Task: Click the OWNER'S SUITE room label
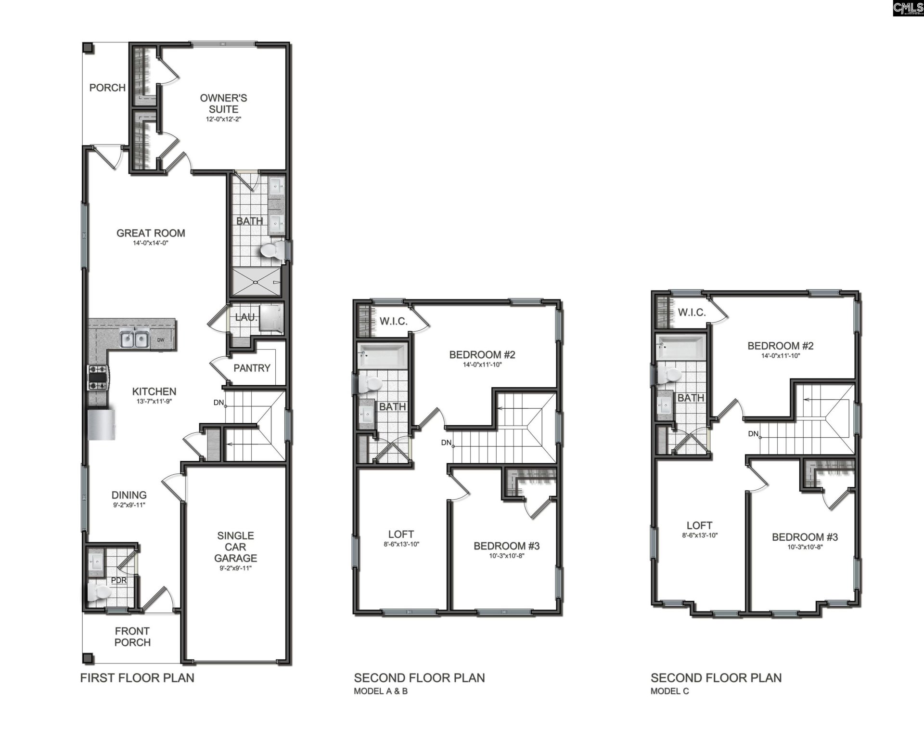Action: (223, 104)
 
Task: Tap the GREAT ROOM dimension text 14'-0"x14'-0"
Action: (151, 243)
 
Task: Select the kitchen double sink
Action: (134, 339)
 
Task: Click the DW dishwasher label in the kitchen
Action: (161, 340)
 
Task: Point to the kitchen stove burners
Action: (97, 378)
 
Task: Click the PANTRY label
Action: (252, 368)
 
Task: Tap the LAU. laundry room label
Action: (246, 318)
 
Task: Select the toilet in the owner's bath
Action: (273, 250)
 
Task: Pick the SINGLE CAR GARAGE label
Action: (235, 547)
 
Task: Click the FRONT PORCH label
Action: (132, 636)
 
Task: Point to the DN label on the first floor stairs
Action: (218, 403)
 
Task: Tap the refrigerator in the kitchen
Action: (102, 424)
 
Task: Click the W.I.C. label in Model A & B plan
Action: (393, 321)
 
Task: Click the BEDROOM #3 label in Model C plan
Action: (805, 537)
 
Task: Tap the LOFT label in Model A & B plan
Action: (401, 534)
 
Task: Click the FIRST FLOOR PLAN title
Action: (137, 678)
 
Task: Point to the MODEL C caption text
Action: (669, 691)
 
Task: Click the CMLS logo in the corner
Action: (908, 8)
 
